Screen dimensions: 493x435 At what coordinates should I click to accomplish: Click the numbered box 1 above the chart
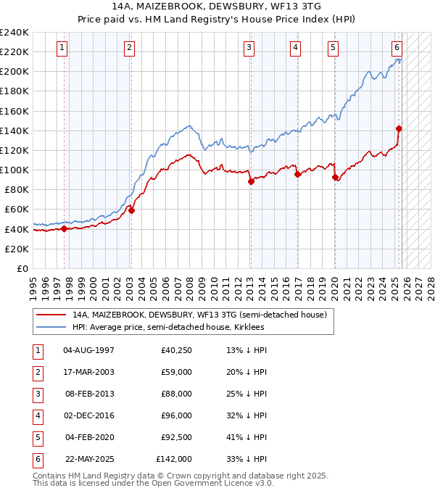(x=62, y=49)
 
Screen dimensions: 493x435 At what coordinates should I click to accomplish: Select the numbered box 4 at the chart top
(x=296, y=49)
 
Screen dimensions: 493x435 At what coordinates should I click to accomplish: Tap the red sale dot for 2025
(x=399, y=128)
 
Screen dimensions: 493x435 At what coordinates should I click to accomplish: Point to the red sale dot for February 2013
(x=251, y=182)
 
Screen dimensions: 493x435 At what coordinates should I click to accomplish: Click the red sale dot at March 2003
(x=131, y=210)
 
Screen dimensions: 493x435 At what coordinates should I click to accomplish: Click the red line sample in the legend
(x=52, y=315)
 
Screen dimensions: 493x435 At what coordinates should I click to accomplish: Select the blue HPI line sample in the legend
(x=52, y=327)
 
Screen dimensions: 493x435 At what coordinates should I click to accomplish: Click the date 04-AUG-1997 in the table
(x=88, y=350)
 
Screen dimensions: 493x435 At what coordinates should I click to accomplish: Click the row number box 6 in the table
(x=36, y=459)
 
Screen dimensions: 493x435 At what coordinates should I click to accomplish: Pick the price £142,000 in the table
(x=174, y=459)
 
